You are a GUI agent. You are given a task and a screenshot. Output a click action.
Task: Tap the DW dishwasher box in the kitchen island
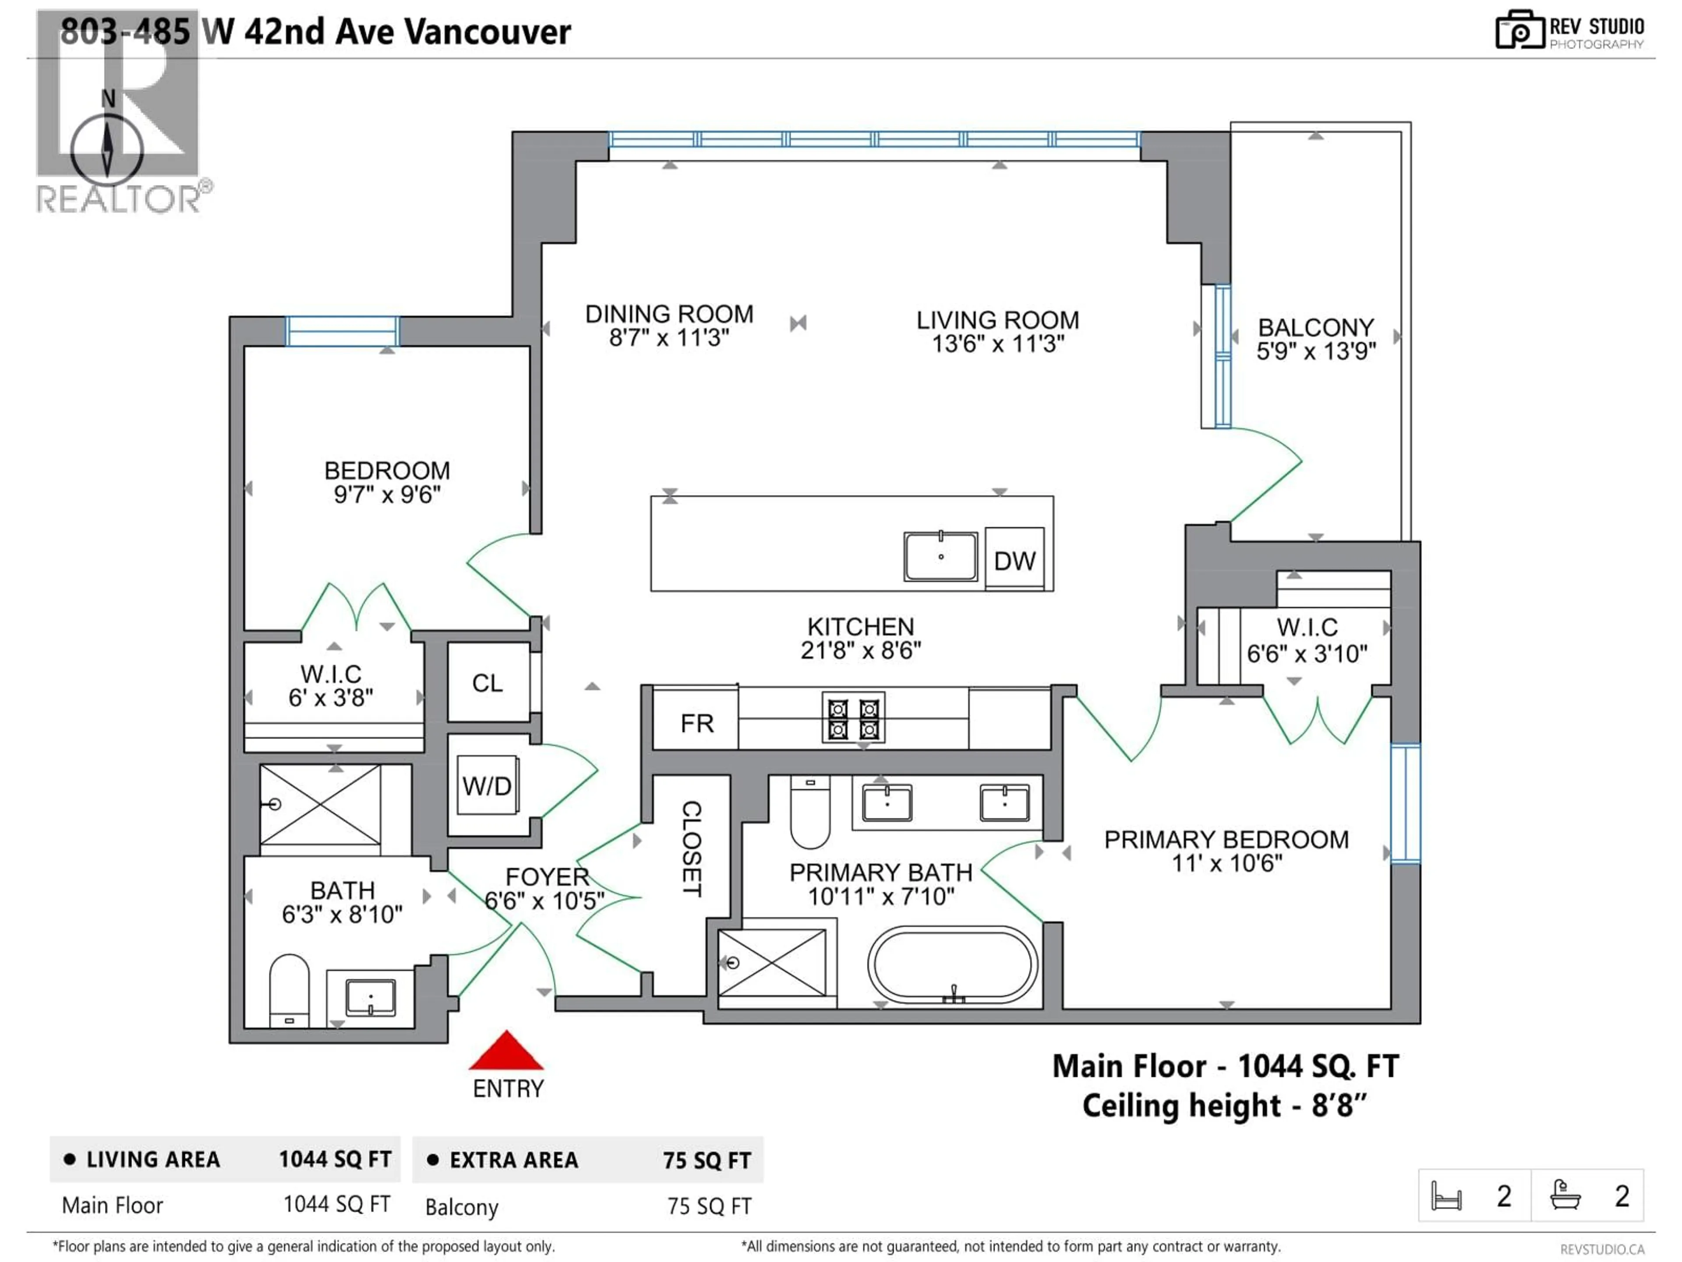[1014, 560]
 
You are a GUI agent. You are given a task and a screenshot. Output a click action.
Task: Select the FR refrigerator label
[696, 723]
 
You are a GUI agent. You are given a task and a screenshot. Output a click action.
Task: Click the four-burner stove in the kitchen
[853, 717]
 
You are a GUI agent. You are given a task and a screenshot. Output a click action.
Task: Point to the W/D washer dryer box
[487, 785]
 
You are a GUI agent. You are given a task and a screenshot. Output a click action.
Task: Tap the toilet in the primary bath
[810, 811]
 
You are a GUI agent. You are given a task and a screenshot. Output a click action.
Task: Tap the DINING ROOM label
[669, 314]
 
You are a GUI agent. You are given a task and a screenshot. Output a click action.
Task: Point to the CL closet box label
[488, 682]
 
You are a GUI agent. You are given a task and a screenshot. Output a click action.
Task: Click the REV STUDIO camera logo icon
[1519, 30]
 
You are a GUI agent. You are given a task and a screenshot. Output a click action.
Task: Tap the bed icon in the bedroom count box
[1445, 1196]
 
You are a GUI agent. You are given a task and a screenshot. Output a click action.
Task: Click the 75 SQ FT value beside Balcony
[709, 1206]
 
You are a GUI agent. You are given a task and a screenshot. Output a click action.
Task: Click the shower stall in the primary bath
[772, 962]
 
